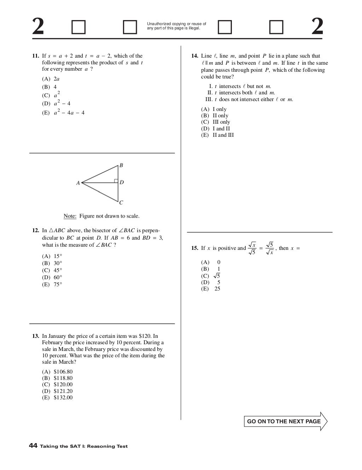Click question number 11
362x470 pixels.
35,56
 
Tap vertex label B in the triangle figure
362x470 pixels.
121,165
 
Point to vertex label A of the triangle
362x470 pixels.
78,183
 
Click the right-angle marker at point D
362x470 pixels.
116,181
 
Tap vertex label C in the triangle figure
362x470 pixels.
121,202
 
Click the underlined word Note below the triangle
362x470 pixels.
70,216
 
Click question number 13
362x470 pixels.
35,336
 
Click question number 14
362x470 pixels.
194,56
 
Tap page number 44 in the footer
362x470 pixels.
33,446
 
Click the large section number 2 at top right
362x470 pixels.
317,27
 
